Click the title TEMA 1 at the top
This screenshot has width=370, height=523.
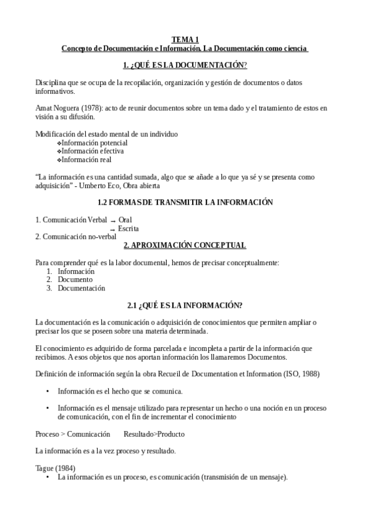click(x=185, y=39)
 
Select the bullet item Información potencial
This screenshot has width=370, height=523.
click(x=91, y=142)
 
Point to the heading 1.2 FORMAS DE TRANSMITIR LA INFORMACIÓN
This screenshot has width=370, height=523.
click(x=185, y=202)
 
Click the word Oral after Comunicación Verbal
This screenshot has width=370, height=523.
click(x=125, y=220)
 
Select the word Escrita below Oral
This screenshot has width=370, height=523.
click(x=128, y=228)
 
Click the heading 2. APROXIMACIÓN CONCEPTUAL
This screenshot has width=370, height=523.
click(x=185, y=245)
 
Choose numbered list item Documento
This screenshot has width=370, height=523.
click(x=75, y=279)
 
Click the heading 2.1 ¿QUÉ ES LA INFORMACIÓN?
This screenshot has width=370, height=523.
click(x=185, y=305)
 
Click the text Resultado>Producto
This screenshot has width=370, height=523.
click(x=154, y=434)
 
